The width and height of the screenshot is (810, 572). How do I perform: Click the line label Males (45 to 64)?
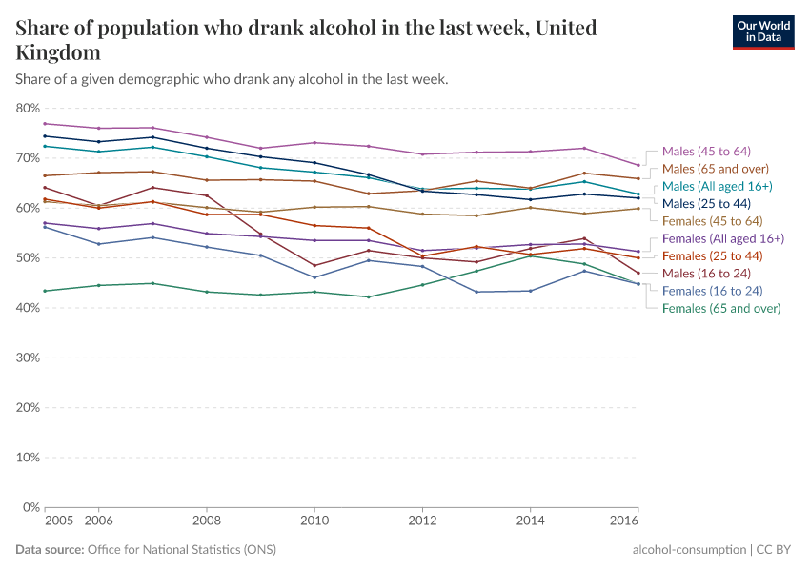pos(707,151)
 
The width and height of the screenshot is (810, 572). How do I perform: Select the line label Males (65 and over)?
pos(716,169)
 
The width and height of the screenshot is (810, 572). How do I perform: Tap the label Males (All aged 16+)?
pos(717,186)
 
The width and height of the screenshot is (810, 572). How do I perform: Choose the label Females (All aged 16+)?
pos(722,238)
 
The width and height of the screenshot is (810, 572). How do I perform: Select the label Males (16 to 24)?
pos(707,274)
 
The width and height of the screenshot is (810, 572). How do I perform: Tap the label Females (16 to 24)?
pos(713,291)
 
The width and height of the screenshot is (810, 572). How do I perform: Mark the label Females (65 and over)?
pos(721,308)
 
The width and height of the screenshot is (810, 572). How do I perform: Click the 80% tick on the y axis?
pos(28,108)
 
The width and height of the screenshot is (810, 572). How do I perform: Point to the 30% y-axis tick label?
pos(28,357)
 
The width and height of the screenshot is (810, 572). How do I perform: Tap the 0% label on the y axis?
pos(31,507)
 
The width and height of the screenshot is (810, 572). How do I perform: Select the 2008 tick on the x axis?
pos(206,521)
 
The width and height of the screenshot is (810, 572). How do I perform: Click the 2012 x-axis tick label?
pos(422,521)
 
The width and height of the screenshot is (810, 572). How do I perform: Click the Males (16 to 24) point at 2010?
pos(314,265)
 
